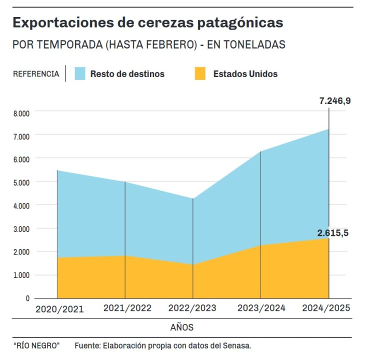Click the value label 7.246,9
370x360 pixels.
click(x=335, y=101)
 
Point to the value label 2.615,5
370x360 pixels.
click(x=332, y=232)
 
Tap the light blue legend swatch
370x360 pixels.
click(x=80, y=73)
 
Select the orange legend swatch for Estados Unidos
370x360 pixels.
click(x=200, y=73)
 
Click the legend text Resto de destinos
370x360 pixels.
click(x=127, y=74)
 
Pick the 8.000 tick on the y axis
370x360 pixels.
click(x=21, y=113)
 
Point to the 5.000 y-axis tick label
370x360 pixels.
click(x=21, y=182)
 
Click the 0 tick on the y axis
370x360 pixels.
click(x=27, y=298)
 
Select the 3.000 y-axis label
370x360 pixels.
click(x=21, y=229)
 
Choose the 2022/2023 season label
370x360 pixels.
click(x=193, y=308)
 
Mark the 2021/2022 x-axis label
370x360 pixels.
click(x=127, y=308)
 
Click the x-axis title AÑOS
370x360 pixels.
click(x=181, y=328)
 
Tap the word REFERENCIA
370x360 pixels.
click(x=35, y=74)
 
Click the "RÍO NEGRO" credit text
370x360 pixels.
click(x=36, y=346)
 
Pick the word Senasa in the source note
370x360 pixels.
click(x=237, y=346)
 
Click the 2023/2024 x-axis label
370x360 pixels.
click(x=261, y=308)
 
